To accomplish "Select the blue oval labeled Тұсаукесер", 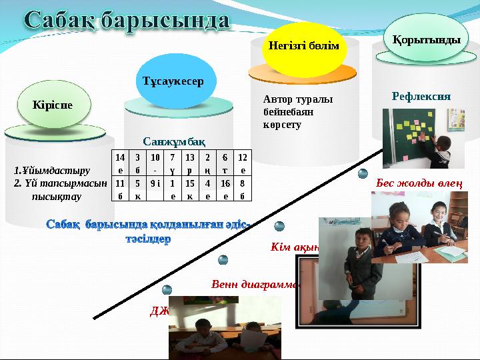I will point(172,81).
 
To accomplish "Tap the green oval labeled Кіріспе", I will point(53,105).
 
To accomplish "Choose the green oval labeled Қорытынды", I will point(427,40).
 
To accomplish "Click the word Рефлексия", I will point(421,96).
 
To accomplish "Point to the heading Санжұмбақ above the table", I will point(174,141).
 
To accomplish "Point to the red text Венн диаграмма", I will point(253,283).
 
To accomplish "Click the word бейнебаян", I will point(289,112).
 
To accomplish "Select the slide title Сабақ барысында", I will point(128,20).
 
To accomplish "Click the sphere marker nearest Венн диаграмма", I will point(223,259).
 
